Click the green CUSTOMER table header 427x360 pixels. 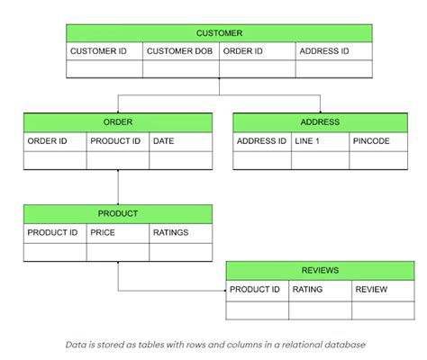tap(219, 32)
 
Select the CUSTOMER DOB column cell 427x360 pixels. tap(180, 51)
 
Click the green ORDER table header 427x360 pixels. tap(118, 122)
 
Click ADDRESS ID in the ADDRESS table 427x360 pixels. tap(261, 141)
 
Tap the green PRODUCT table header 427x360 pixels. tap(118, 214)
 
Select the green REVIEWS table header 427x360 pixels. tap(320, 270)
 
